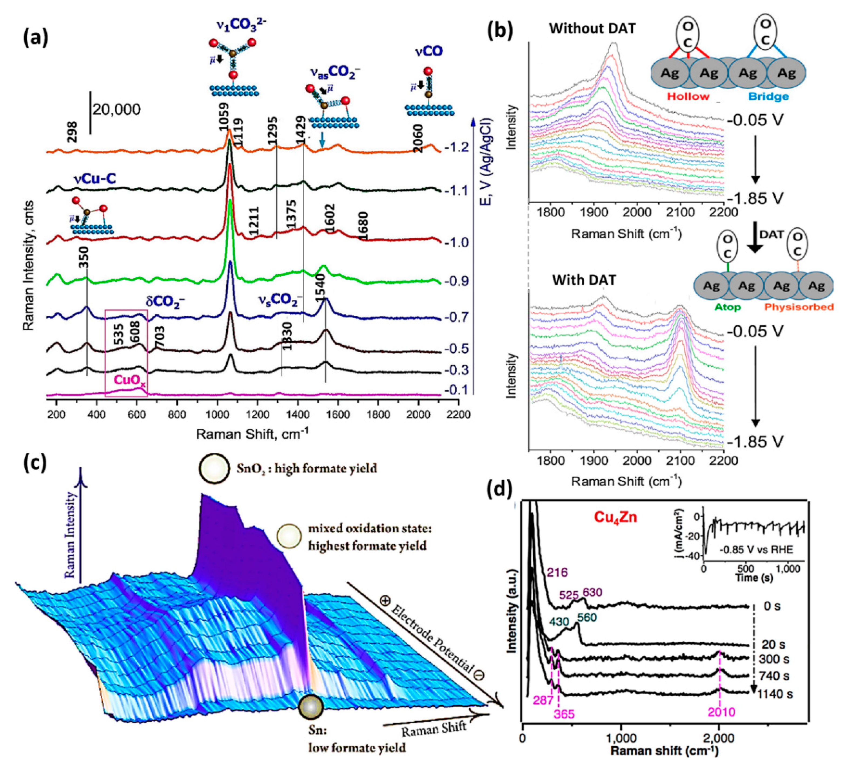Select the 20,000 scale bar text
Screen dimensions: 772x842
pyautogui.click(x=117, y=110)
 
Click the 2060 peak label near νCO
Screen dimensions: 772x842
pyautogui.click(x=418, y=138)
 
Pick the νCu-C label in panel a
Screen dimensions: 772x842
pyautogui.click(x=95, y=179)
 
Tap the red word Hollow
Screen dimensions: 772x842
pyautogui.click(x=688, y=97)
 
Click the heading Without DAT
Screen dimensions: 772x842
pyautogui.click(x=592, y=28)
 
